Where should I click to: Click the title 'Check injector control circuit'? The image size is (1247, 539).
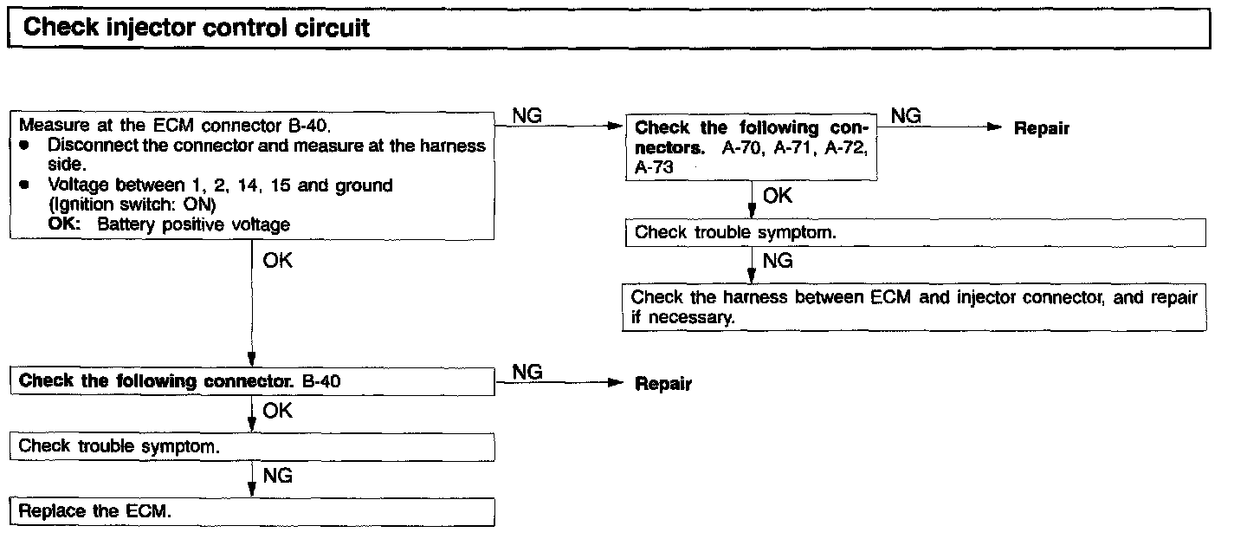(x=197, y=28)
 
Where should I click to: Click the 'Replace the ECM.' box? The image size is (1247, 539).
(x=252, y=510)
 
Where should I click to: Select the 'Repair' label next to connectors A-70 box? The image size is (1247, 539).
(x=1042, y=129)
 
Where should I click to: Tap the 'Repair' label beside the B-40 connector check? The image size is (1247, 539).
(x=663, y=384)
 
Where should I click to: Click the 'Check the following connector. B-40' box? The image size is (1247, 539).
(x=252, y=380)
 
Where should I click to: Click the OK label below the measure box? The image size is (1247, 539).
(x=277, y=260)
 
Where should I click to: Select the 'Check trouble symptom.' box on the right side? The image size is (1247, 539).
(x=914, y=232)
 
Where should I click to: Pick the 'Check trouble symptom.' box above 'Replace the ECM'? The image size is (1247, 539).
(x=252, y=446)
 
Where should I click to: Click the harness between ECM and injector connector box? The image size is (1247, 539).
(x=914, y=308)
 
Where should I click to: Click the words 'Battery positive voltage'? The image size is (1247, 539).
(x=194, y=224)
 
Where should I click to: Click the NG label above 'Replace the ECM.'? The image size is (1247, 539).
(x=277, y=476)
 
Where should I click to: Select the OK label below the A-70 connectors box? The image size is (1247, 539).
(x=778, y=196)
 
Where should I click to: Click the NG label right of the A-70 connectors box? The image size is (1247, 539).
(x=906, y=115)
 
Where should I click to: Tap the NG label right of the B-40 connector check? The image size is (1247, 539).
(x=527, y=372)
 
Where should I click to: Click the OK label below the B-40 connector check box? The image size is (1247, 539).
(x=277, y=411)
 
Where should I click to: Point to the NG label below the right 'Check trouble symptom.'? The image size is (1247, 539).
(x=778, y=261)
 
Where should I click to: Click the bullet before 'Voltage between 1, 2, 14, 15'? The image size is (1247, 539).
(x=25, y=185)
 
